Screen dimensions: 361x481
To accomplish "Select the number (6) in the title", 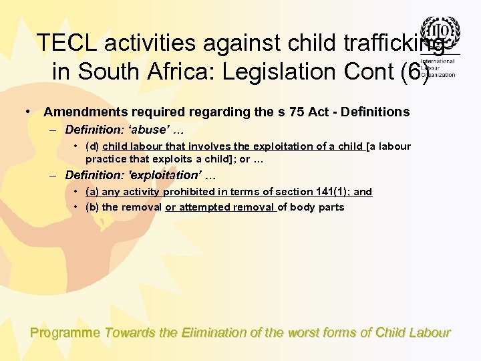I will [x=412, y=71].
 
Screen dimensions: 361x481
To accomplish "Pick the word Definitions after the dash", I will [x=376, y=112].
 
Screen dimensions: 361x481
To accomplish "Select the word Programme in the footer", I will [x=65, y=333].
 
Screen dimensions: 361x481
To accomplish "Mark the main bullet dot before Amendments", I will [x=28, y=111].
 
